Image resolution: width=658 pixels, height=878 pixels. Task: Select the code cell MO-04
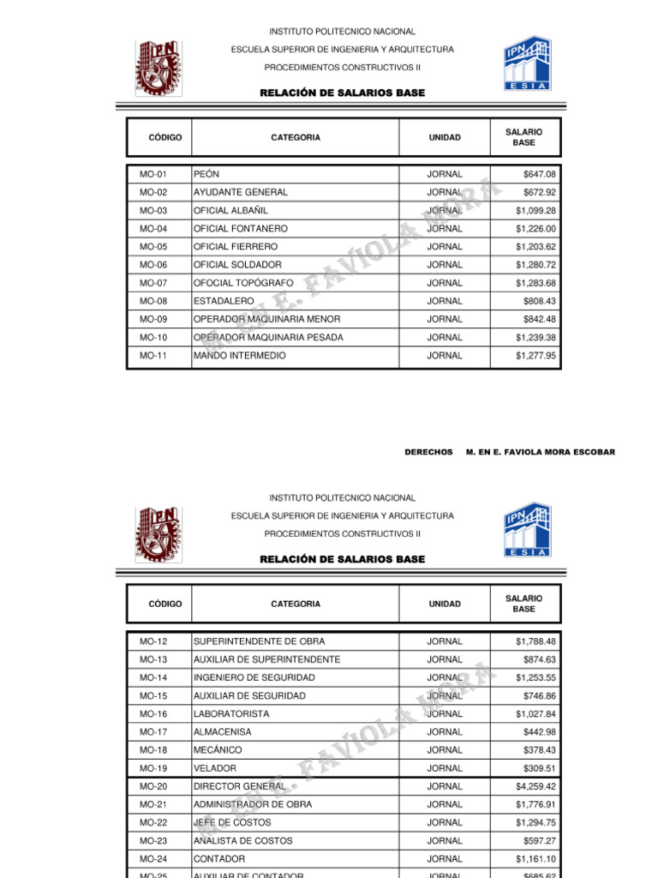[x=153, y=229]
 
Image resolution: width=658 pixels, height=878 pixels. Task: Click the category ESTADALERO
[x=224, y=301]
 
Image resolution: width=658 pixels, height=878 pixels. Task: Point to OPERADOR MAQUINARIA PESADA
[x=268, y=337]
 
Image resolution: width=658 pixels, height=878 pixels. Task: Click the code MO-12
[x=153, y=641]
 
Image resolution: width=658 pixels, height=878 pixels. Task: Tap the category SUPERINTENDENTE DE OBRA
[x=259, y=641]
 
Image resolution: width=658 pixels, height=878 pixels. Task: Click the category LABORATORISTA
[x=231, y=713]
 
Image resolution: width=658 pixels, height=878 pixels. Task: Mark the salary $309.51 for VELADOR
[x=539, y=768]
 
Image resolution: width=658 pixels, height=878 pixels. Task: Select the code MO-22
[x=153, y=822]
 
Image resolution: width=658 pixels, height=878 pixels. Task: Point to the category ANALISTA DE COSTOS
[x=242, y=840]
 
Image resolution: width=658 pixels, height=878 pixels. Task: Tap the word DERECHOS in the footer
[x=428, y=452]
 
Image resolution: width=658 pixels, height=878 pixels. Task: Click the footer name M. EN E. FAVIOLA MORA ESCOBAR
[x=540, y=452]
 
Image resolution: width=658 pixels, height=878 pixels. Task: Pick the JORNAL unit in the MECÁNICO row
[x=445, y=750]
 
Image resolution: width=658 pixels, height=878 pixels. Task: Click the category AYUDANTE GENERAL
[x=240, y=192]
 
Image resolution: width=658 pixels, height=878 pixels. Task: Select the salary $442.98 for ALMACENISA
[x=539, y=731]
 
